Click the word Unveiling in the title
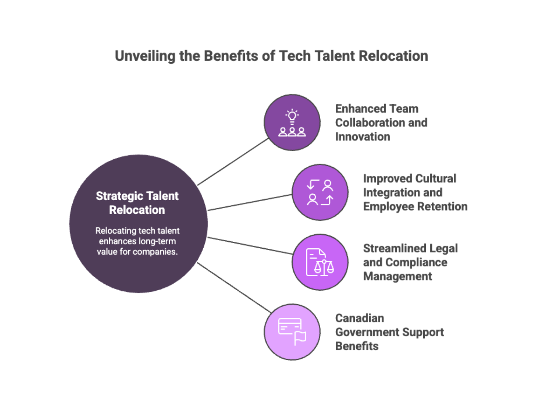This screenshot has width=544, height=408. [x=145, y=56]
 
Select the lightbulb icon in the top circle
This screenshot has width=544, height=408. [x=292, y=116]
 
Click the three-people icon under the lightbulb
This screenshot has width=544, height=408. [x=292, y=132]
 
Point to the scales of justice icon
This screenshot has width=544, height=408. [x=324, y=267]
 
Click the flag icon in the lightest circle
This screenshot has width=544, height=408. [x=300, y=338]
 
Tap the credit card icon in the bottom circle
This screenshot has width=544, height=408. [x=289, y=326]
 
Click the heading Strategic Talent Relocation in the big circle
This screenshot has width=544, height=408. [x=137, y=203]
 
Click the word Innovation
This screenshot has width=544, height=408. [x=363, y=137]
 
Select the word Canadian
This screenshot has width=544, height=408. [x=359, y=318]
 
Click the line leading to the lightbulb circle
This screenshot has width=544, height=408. [x=233, y=162]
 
